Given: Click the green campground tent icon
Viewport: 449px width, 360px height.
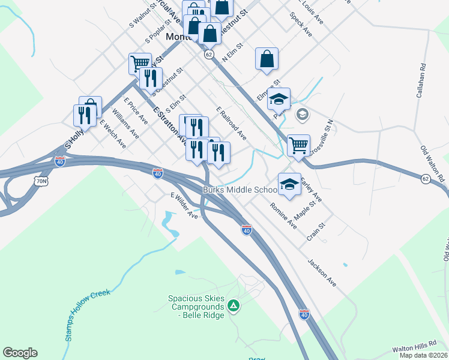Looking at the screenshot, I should coord(234,307).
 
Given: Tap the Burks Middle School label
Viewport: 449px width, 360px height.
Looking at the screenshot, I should coord(240,190).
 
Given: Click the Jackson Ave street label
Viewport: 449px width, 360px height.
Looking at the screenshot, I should coord(322,272).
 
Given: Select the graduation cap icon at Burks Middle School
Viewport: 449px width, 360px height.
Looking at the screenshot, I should coord(289,184).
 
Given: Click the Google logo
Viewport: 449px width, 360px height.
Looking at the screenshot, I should coord(20,353).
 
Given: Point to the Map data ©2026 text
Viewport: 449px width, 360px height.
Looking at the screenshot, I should coord(424,356).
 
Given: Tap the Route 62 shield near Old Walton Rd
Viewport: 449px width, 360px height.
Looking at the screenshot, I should coord(425,178).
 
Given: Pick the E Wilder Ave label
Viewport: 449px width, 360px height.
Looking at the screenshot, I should coord(184,205).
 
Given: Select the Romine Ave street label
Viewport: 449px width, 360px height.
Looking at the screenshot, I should coord(283,215).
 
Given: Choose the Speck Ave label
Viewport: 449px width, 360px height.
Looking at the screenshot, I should coord(301,23).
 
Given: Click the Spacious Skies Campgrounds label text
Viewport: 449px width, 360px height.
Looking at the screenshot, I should coord(196,302).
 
